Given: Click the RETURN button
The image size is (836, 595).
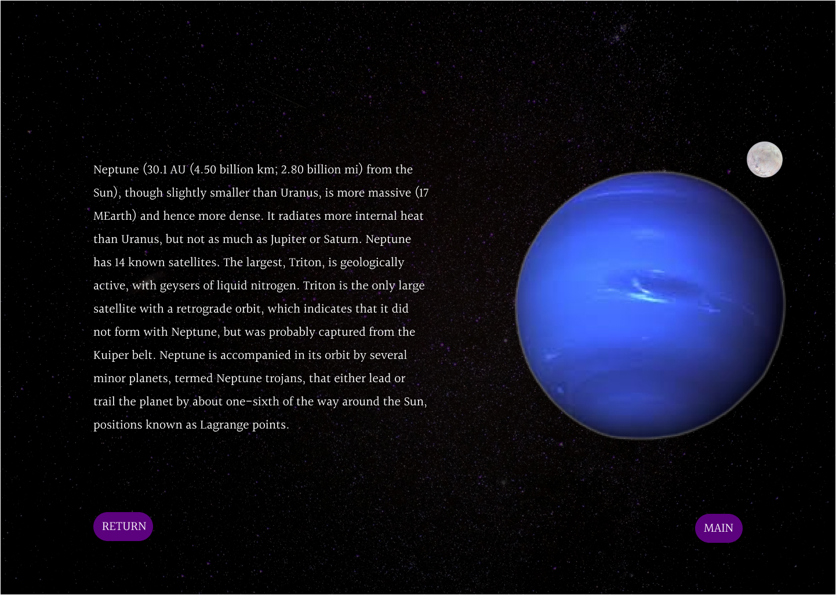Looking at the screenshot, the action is (123, 527).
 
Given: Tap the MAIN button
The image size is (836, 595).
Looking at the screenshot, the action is (718, 528).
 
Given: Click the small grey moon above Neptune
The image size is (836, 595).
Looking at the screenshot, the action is (764, 159).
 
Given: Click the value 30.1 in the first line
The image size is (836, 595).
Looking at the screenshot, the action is (158, 170).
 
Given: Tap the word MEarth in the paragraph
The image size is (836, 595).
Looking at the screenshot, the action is (114, 216).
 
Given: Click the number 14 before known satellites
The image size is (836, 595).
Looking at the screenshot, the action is (119, 262).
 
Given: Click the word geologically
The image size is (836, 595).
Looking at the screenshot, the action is (372, 263).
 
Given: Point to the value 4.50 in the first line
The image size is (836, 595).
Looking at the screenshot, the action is (205, 170).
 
